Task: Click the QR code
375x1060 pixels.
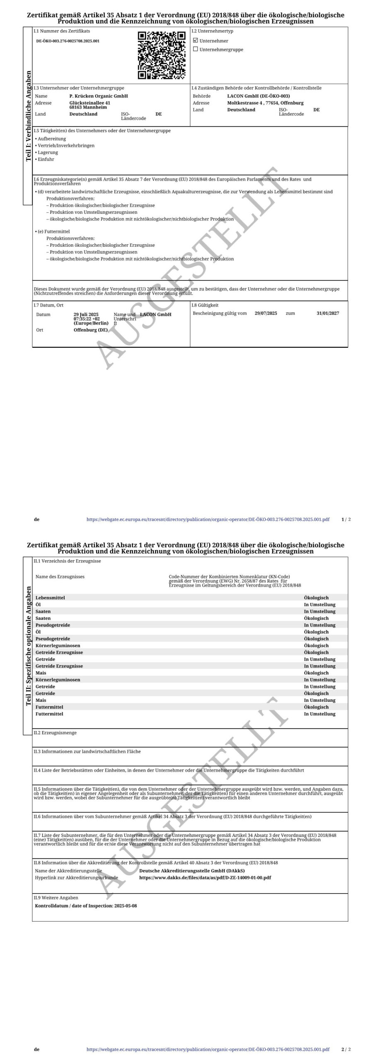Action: click(x=162, y=55)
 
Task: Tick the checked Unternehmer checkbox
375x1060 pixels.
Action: click(x=196, y=41)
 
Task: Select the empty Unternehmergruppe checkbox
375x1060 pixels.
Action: click(x=196, y=49)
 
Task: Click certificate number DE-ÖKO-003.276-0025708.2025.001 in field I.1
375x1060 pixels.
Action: click(x=68, y=41)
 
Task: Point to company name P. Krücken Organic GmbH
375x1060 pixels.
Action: click(x=99, y=96)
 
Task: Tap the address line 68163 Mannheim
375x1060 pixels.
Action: click(x=88, y=107)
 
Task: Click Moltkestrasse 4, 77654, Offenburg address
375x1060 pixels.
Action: click(x=265, y=103)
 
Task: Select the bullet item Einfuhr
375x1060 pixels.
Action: click(x=46, y=159)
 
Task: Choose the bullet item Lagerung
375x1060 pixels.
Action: click(x=48, y=152)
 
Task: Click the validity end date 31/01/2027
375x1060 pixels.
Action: click(x=327, y=313)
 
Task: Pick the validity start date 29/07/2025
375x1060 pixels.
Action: click(x=266, y=313)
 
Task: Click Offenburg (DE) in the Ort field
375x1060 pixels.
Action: click(x=90, y=330)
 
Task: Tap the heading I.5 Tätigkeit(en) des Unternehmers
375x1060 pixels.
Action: click(x=102, y=131)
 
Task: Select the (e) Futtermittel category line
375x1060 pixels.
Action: click(x=53, y=231)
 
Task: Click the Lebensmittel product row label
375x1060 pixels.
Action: click(x=50, y=598)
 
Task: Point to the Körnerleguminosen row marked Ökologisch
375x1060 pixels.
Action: click(x=58, y=646)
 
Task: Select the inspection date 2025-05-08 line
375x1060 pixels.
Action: click(x=86, y=906)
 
